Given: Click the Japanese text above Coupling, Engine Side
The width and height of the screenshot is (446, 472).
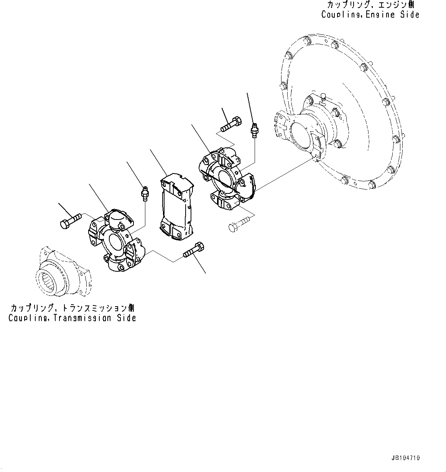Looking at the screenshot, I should click(x=370, y=5).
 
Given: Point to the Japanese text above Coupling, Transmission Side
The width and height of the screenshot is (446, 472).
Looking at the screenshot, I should click(x=72, y=308).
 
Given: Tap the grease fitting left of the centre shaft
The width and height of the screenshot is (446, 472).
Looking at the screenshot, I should click(x=145, y=193).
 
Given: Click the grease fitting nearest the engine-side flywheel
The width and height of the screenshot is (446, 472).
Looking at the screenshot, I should click(x=253, y=130).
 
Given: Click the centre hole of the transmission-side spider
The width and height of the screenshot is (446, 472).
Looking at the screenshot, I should click(x=116, y=241).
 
